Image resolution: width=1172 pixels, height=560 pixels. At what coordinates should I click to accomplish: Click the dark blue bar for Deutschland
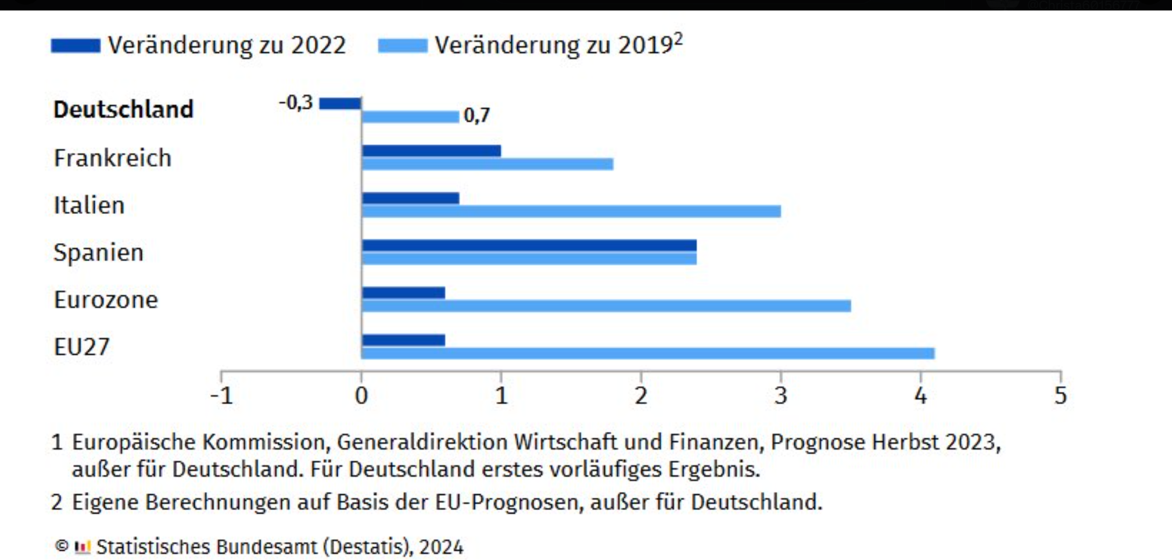click(341, 104)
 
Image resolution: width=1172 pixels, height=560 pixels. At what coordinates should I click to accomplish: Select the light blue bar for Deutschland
click(410, 117)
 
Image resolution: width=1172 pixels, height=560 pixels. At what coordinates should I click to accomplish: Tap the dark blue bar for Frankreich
click(431, 151)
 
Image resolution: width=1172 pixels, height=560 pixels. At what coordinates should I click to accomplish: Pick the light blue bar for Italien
click(571, 211)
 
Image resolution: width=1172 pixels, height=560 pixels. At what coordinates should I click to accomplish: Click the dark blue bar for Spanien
click(529, 245)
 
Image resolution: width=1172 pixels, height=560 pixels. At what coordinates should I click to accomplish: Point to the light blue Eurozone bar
click(605, 306)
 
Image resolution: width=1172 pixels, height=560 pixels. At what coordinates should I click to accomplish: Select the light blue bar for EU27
click(647, 353)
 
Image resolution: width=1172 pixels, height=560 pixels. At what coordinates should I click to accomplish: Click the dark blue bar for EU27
click(403, 340)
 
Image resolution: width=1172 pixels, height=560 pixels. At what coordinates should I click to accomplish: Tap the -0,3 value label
click(296, 103)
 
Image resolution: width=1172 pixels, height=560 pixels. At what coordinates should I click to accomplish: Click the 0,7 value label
click(476, 116)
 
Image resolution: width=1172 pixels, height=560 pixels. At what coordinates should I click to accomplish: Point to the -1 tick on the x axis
click(221, 396)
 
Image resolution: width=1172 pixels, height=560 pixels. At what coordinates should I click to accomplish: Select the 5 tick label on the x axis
click(1060, 396)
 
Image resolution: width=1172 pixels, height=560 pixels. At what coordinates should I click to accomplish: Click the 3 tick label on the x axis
click(780, 396)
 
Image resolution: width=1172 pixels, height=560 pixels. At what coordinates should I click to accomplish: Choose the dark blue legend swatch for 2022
click(76, 45)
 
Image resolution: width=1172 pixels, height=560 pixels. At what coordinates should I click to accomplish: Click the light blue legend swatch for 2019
click(403, 45)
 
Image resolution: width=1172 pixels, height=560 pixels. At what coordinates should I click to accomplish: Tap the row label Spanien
click(98, 253)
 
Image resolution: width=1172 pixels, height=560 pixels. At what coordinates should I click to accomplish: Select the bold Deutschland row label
click(123, 109)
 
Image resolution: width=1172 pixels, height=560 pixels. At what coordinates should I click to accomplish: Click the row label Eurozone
click(106, 300)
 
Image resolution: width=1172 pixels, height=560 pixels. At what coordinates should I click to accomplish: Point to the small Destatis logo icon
click(83, 547)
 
